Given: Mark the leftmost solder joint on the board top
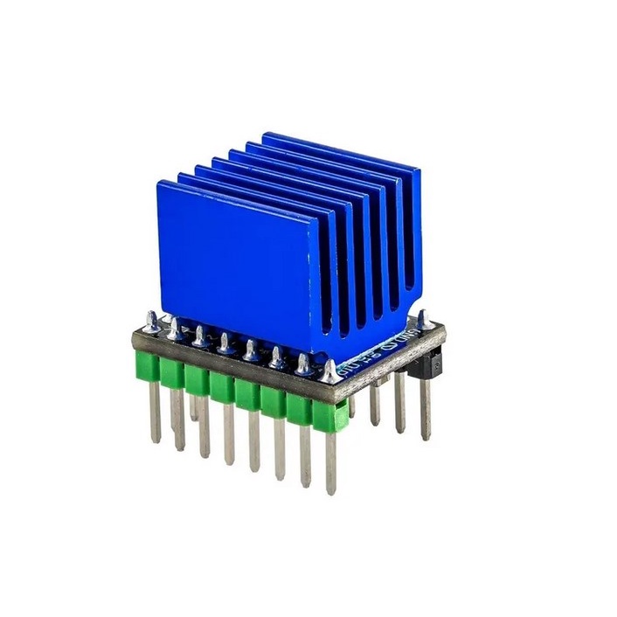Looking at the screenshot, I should pyautogui.click(x=153, y=325).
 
